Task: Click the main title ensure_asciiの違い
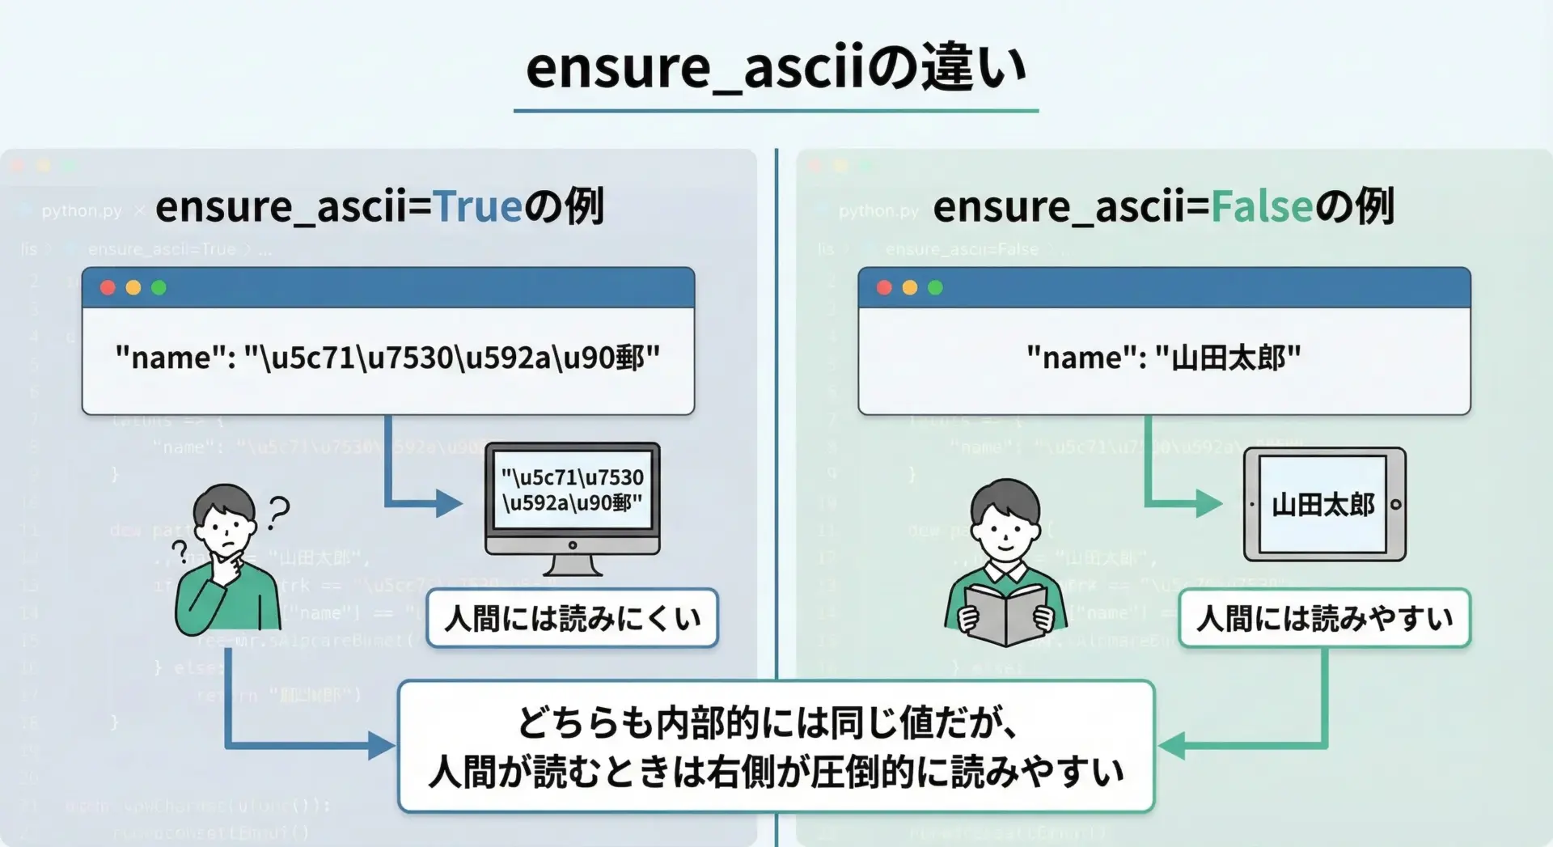pos(776,68)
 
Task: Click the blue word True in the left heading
pos(478,207)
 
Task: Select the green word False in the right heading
pos(1261,207)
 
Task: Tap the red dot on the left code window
pos(108,288)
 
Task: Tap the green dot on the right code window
pos(935,288)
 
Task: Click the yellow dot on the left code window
pos(133,288)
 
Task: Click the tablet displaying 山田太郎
pos(1324,504)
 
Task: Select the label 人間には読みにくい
pos(572,619)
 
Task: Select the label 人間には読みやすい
pos(1324,619)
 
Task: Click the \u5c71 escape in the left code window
pos(307,358)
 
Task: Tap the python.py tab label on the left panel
pos(81,211)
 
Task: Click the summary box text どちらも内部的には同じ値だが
pos(767,722)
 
